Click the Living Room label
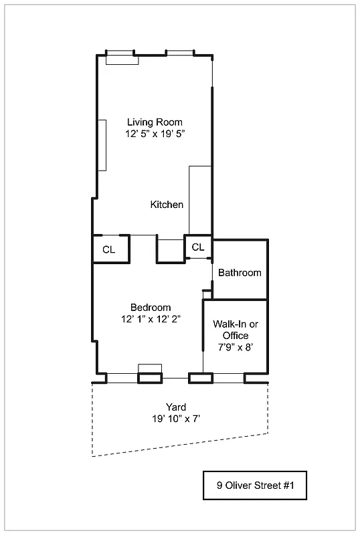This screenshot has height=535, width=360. click(x=155, y=122)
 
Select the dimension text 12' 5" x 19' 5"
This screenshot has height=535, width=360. click(x=155, y=134)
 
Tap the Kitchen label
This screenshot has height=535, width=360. click(x=167, y=205)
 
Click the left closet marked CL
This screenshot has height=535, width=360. click(x=109, y=249)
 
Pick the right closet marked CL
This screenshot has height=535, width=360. click(x=197, y=247)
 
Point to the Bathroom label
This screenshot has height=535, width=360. click(x=240, y=273)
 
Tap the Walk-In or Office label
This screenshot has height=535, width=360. click(x=235, y=330)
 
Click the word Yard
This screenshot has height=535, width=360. click(x=176, y=407)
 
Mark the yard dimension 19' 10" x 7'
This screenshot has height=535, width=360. click(x=176, y=419)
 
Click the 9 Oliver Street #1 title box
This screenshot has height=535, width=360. click(x=256, y=486)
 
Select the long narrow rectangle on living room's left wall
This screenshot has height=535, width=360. click(x=102, y=145)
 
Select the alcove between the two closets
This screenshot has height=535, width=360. click(x=170, y=249)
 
